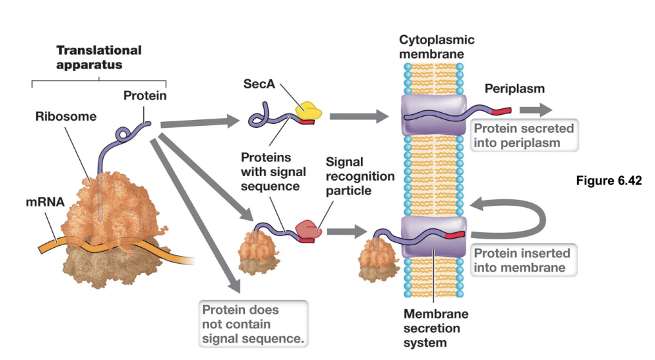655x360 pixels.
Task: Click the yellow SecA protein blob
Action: tap(309, 112)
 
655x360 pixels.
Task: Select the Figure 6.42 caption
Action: tap(609, 181)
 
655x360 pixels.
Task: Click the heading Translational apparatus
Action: tap(99, 57)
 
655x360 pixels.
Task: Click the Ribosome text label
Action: tap(66, 117)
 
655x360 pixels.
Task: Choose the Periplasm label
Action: tap(514, 88)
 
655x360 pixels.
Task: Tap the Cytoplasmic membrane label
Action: tap(436, 47)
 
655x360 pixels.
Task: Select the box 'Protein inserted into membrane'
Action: tap(523, 260)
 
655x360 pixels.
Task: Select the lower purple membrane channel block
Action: tap(433, 237)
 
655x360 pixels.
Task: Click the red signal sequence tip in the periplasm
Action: tap(502, 110)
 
